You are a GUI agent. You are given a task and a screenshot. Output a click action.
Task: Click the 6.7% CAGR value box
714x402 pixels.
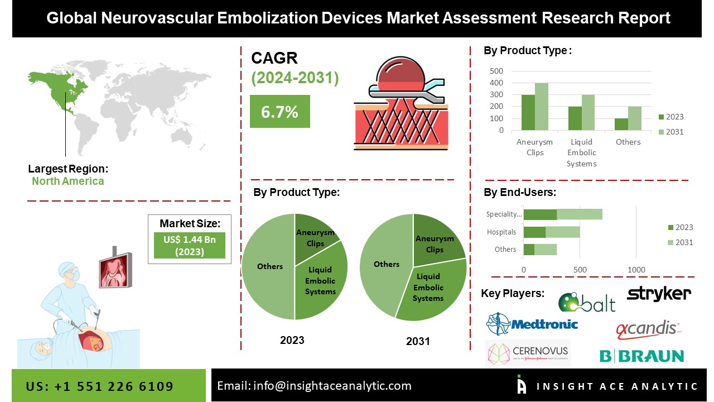[x=279, y=112]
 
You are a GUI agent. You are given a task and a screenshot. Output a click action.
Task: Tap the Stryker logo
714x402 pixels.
[x=659, y=294]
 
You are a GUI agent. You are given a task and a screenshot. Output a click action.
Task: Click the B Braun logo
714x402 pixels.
[x=641, y=356]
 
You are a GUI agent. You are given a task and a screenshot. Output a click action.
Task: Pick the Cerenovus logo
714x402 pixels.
[x=528, y=352]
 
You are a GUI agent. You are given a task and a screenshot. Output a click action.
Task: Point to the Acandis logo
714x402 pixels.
[x=647, y=329]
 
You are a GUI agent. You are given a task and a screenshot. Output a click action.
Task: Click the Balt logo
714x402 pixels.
[x=587, y=302]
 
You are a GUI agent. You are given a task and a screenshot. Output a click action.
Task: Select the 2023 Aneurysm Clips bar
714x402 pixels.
[x=528, y=112]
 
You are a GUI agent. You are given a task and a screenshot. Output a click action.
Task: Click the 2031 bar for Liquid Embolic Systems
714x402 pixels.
[x=588, y=112]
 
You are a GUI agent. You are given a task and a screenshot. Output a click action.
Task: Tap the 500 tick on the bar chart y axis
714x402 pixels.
[x=496, y=71]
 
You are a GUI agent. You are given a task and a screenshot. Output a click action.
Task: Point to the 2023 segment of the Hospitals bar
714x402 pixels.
[x=534, y=232]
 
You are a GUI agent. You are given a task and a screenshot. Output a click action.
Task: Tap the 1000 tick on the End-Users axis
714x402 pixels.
[x=636, y=270]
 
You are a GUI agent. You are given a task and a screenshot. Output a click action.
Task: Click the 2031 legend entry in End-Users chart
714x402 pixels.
[x=679, y=242]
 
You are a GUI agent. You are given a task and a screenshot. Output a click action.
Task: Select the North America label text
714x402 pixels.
[x=67, y=181]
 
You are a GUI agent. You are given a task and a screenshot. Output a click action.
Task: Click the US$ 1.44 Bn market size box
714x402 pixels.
[x=189, y=245]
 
